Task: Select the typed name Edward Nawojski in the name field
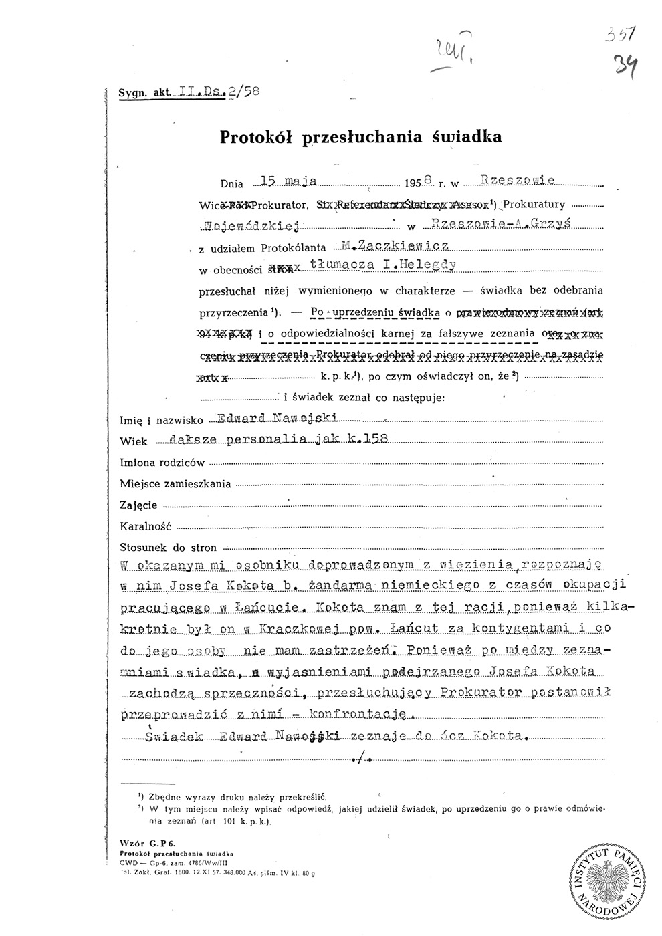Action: point(279,419)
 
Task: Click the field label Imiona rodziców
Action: point(162,462)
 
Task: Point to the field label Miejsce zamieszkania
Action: point(175,483)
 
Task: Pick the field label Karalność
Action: point(146,525)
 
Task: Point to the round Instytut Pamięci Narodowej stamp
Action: point(605,881)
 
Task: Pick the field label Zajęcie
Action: point(139,504)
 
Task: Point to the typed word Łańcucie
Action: point(266,609)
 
